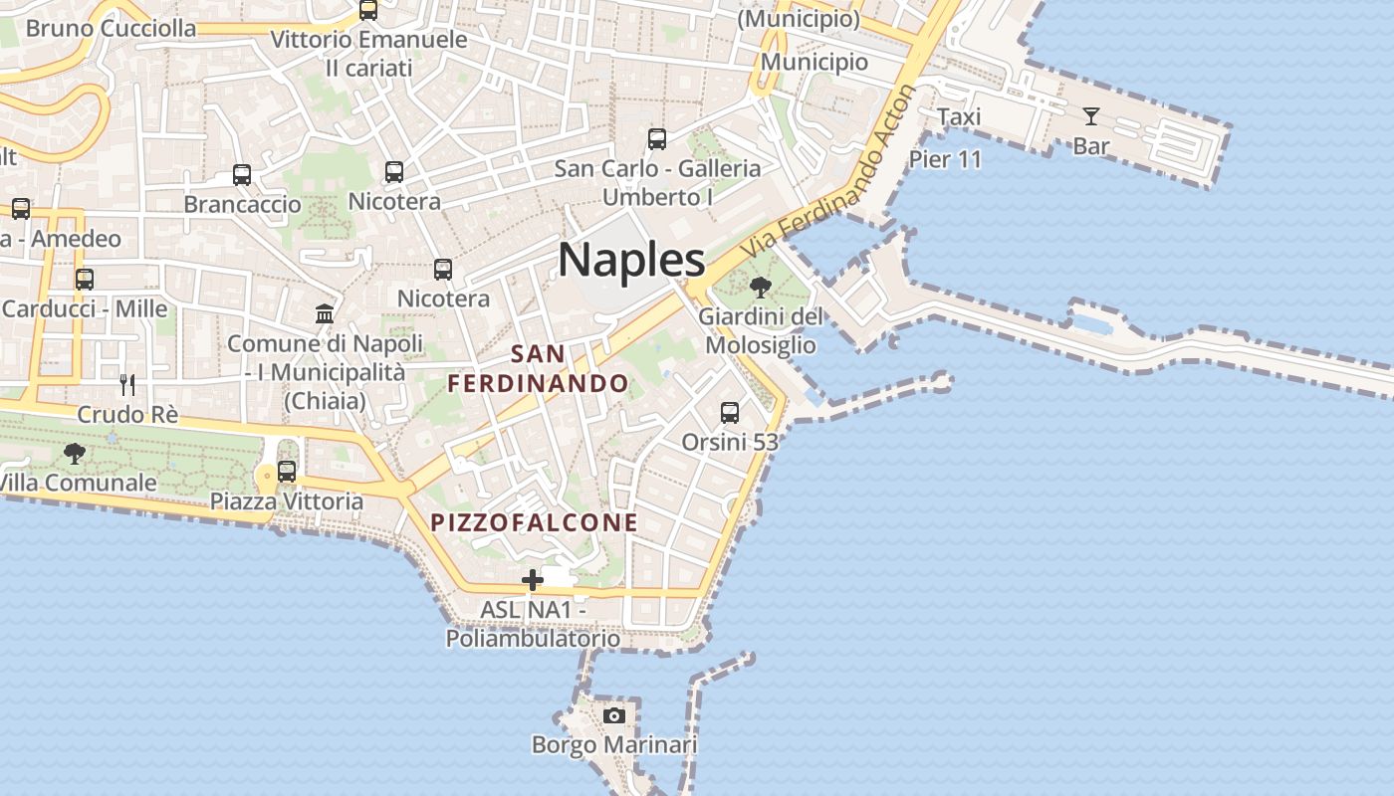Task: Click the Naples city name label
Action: click(x=631, y=260)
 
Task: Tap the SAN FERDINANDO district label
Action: click(x=538, y=368)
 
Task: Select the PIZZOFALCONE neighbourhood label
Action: click(x=534, y=522)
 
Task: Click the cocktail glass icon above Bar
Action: click(x=1091, y=116)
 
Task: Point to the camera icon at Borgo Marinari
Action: click(x=614, y=715)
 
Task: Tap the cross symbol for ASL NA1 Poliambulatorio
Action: click(x=533, y=579)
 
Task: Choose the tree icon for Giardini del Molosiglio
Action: click(x=761, y=289)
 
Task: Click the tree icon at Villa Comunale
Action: click(x=74, y=455)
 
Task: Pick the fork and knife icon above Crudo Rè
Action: click(x=127, y=384)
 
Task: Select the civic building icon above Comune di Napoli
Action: click(x=325, y=314)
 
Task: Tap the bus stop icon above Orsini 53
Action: click(x=730, y=412)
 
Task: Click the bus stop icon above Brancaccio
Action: click(x=242, y=175)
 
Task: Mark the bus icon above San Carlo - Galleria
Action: click(x=657, y=139)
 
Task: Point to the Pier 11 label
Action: click(x=945, y=159)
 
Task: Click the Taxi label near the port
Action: click(x=959, y=117)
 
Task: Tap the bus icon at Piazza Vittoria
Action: click(x=287, y=471)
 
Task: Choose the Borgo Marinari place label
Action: click(x=614, y=744)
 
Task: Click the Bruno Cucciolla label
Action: click(x=111, y=28)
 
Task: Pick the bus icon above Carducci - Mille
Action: click(x=85, y=280)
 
